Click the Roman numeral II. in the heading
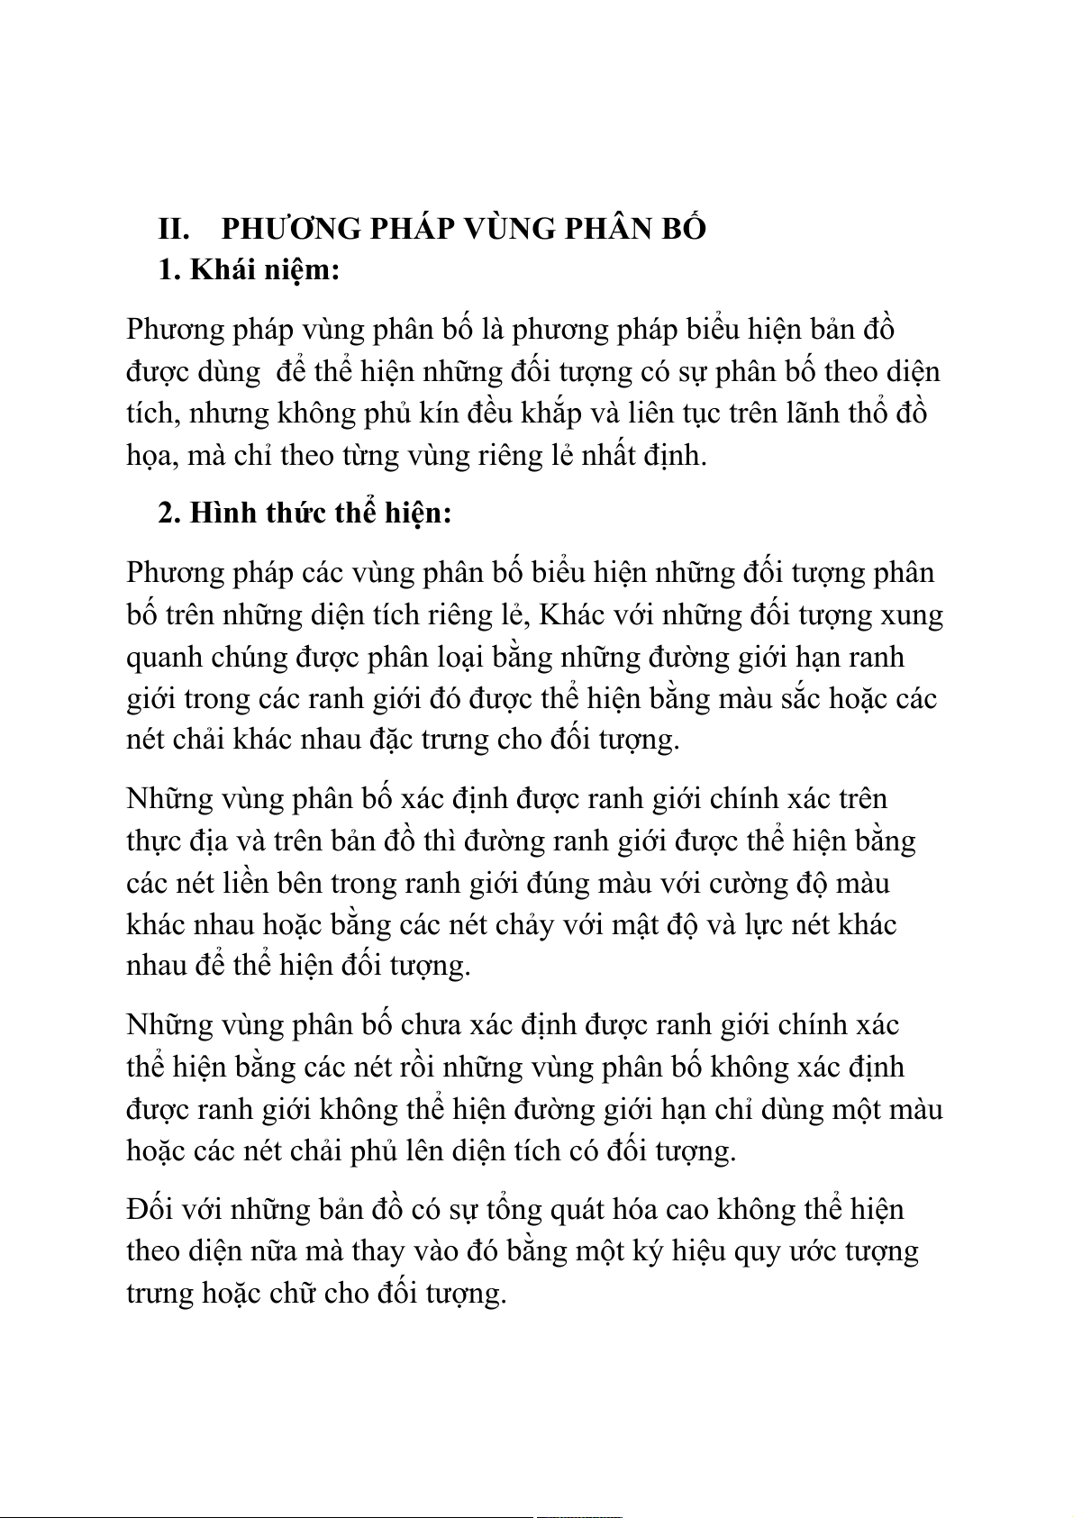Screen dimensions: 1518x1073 click(x=173, y=229)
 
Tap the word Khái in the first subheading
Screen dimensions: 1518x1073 click(x=222, y=269)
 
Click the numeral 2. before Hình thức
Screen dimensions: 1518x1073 click(x=169, y=513)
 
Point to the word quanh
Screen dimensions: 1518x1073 click(x=164, y=658)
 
